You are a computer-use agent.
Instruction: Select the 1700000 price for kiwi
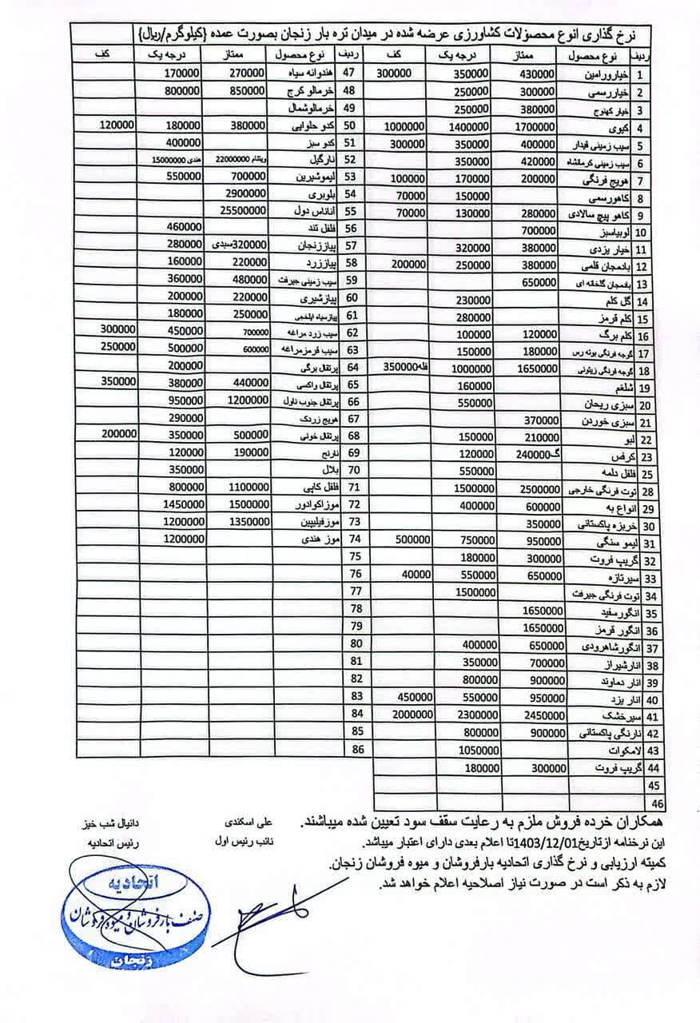[535, 126]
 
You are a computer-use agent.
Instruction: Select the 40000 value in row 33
[417, 575]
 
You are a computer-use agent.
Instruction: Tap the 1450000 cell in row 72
[183, 505]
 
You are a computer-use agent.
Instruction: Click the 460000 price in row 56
[183, 229]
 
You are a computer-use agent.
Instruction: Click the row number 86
[356, 750]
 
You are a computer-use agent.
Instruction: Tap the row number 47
[356, 73]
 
